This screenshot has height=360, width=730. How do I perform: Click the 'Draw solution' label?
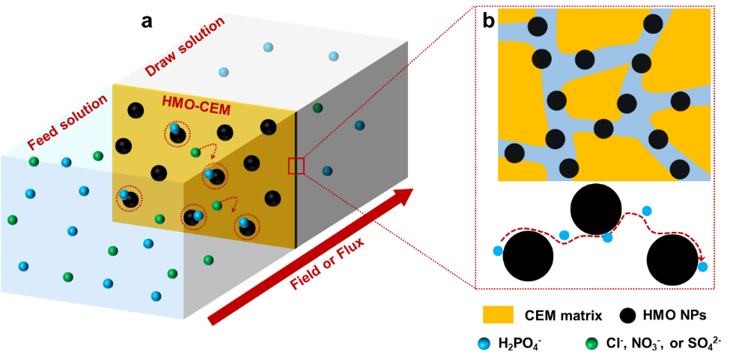click(x=184, y=46)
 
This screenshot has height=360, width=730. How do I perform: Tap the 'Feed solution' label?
click(x=68, y=122)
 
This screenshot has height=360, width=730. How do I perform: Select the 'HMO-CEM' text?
click(x=196, y=106)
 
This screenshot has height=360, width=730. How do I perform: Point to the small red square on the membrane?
click(x=296, y=166)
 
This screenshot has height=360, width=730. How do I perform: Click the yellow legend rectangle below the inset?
click(x=499, y=314)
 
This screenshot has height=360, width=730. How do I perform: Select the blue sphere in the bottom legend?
click(x=484, y=344)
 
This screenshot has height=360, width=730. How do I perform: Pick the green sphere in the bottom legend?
click(x=591, y=344)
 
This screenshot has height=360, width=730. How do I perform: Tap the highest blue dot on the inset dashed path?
click(x=647, y=211)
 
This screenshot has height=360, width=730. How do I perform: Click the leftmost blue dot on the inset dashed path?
click(x=498, y=251)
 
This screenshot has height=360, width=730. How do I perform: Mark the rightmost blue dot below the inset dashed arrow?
click(x=702, y=266)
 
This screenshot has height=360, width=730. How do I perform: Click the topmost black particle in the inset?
click(x=653, y=23)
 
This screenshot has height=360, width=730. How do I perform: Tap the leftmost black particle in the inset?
click(x=514, y=153)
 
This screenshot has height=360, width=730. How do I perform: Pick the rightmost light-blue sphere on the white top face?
click(x=333, y=56)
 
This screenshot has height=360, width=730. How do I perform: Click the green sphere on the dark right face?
click(x=317, y=108)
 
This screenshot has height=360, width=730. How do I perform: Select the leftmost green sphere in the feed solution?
click(x=13, y=220)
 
